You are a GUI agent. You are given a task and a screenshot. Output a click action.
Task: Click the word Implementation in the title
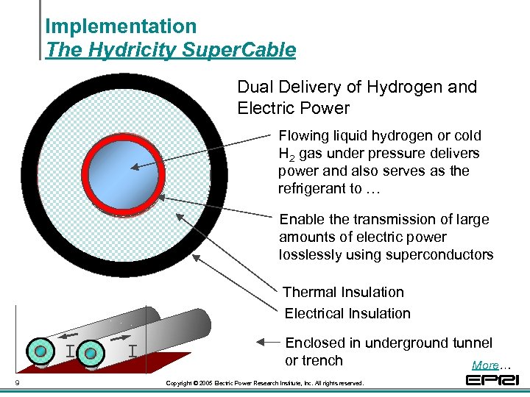121,26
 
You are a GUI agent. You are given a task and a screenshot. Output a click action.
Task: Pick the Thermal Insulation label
343,292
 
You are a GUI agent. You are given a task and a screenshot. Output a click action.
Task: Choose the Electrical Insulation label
347,313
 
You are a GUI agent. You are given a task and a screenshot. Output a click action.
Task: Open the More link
485,365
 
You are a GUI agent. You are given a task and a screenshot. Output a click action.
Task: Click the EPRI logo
492,380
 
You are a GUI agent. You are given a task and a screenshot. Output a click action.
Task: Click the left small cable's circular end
40,351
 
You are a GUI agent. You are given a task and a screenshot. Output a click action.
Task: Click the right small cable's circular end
90,354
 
